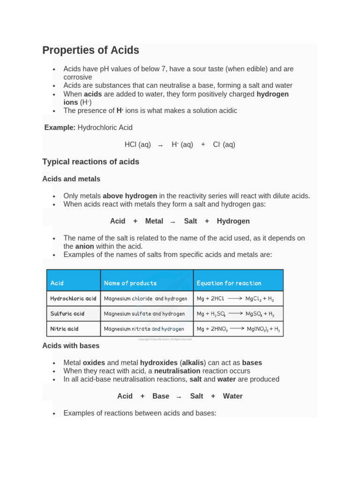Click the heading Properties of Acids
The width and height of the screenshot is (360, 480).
(x=90, y=50)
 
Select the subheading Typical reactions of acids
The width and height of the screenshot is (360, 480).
(x=90, y=162)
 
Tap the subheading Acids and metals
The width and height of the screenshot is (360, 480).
(x=71, y=179)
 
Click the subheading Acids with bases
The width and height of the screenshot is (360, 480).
(x=71, y=346)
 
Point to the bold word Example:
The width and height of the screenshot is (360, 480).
(x=60, y=127)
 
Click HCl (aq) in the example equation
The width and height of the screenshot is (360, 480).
(x=137, y=145)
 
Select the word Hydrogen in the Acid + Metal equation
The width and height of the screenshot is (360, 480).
(x=233, y=221)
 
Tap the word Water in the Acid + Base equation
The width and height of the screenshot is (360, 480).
(x=232, y=396)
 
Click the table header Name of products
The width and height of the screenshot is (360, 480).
(x=130, y=283)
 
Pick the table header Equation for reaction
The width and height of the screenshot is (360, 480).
(x=229, y=283)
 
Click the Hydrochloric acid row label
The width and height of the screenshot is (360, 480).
(x=73, y=299)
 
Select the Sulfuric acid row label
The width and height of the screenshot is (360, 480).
(x=67, y=314)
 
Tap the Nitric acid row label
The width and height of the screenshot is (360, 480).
(x=65, y=329)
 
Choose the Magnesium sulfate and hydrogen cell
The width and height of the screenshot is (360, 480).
(x=144, y=314)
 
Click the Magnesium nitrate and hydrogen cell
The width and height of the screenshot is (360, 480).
(x=144, y=329)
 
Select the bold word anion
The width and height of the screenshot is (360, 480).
(x=85, y=246)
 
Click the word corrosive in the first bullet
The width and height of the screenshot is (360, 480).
(x=78, y=77)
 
